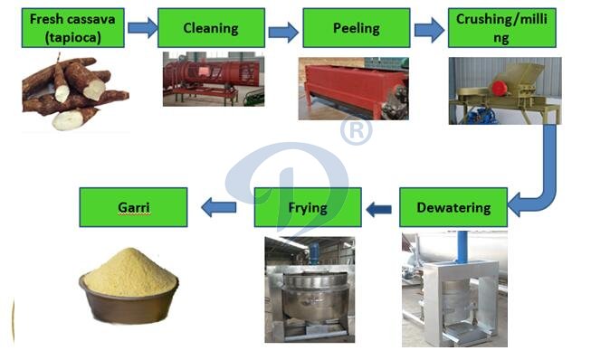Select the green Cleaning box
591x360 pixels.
click(x=211, y=27)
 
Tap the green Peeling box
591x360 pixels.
click(x=356, y=27)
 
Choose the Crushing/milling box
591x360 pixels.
click(x=501, y=27)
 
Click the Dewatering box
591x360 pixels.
click(x=453, y=207)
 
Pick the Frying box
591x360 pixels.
click(x=307, y=207)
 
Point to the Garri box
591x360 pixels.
click(x=133, y=207)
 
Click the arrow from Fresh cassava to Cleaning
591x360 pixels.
click(x=142, y=28)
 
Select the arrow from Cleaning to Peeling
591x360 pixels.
click(x=283, y=32)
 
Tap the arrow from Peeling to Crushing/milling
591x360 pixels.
click(x=429, y=30)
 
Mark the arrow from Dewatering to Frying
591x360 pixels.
click(x=379, y=209)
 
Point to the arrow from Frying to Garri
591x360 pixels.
click(x=218, y=208)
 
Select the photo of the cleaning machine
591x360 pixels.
click(x=213, y=79)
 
